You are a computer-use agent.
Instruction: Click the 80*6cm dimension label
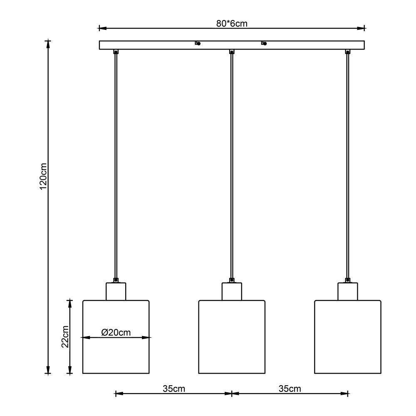pyautogui.click(x=232, y=24)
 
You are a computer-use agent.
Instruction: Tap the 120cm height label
pyautogui.click(x=43, y=176)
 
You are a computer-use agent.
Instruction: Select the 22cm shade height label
pyautogui.click(x=65, y=337)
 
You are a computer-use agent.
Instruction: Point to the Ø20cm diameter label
pyautogui.click(x=116, y=332)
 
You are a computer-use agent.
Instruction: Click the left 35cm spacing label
pyautogui.click(x=174, y=389)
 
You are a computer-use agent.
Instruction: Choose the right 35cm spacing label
pyautogui.click(x=290, y=389)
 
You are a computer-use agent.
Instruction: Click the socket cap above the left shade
pyautogui.click(x=116, y=291)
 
